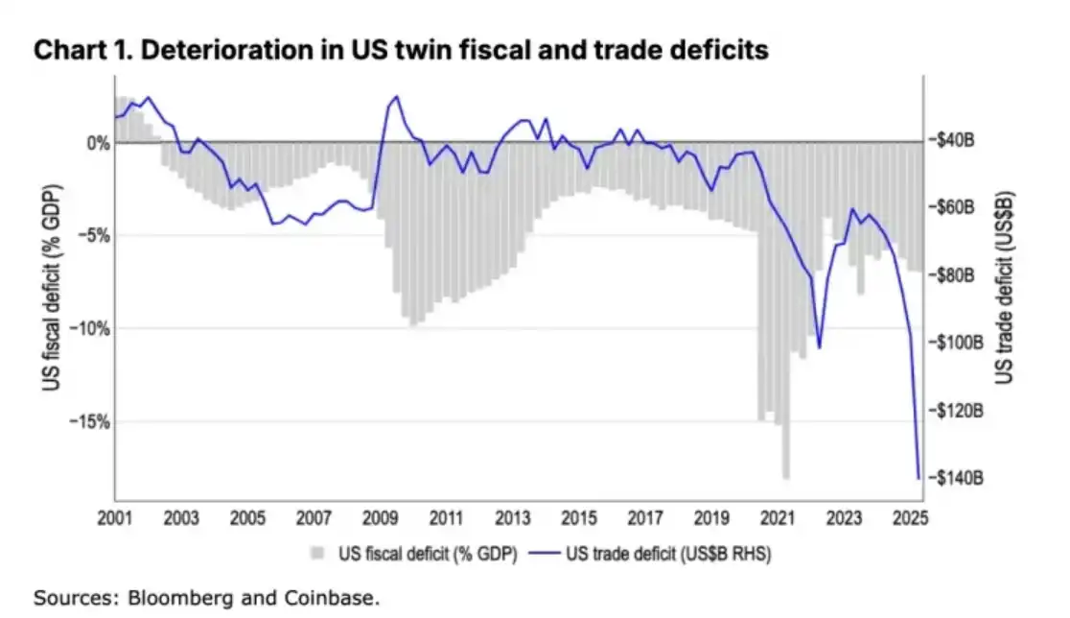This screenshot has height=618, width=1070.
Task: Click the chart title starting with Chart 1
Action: [401, 50]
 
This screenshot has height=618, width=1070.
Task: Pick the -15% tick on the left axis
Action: [88, 421]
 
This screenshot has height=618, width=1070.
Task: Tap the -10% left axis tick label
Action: [88, 328]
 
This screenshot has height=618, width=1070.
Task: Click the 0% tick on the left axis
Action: [98, 143]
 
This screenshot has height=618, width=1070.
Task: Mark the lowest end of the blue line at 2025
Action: [919, 478]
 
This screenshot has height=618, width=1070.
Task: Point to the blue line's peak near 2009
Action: [397, 97]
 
